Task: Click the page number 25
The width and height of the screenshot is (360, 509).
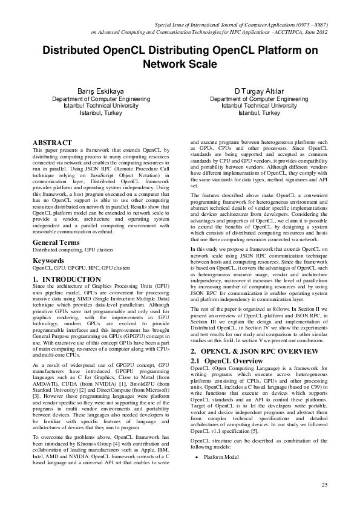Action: point(324,485)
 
